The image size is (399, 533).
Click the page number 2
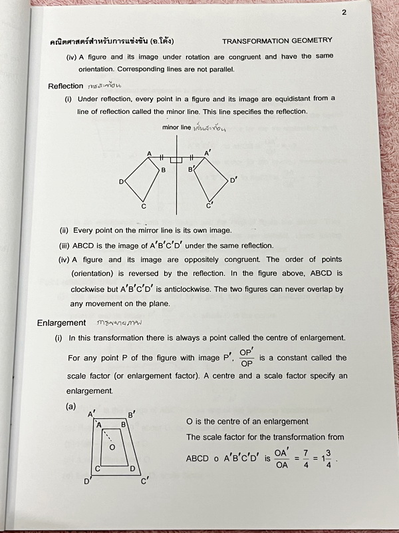pyautogui.click(x=344, y=12)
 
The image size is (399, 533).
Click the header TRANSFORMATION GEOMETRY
pyautogui.click(x=277, y=41)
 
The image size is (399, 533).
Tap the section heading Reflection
pyautogui.click(x=66, y=86)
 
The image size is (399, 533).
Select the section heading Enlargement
pyautogui.click(x=62, y=323)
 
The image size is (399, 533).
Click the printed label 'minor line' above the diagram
pyautogui.click(x=176, y=127)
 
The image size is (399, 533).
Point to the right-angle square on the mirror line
pyautogui.click(x=176, y=160)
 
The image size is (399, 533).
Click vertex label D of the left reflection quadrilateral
pyautogui.click(x=121, y=182)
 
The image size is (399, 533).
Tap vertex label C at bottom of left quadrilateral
pyautogui.click(x=143, y=207)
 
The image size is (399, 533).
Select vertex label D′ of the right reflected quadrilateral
pyautogui.click(x=233, y=180)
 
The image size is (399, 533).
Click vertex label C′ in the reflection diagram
pyautogui.click(x=209, y=205)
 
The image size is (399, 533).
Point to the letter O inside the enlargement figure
pyautogui.click(x=112, y=447)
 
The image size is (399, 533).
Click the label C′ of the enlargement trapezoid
pyautogui.click(x=144, y=480)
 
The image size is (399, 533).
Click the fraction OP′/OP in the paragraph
pyautogui.click(x=246, y=358)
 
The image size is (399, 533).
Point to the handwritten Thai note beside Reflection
pyautogui.click(x=105, y=86)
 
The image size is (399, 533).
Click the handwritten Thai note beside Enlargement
pyautogui.click(x=120, y=323)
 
